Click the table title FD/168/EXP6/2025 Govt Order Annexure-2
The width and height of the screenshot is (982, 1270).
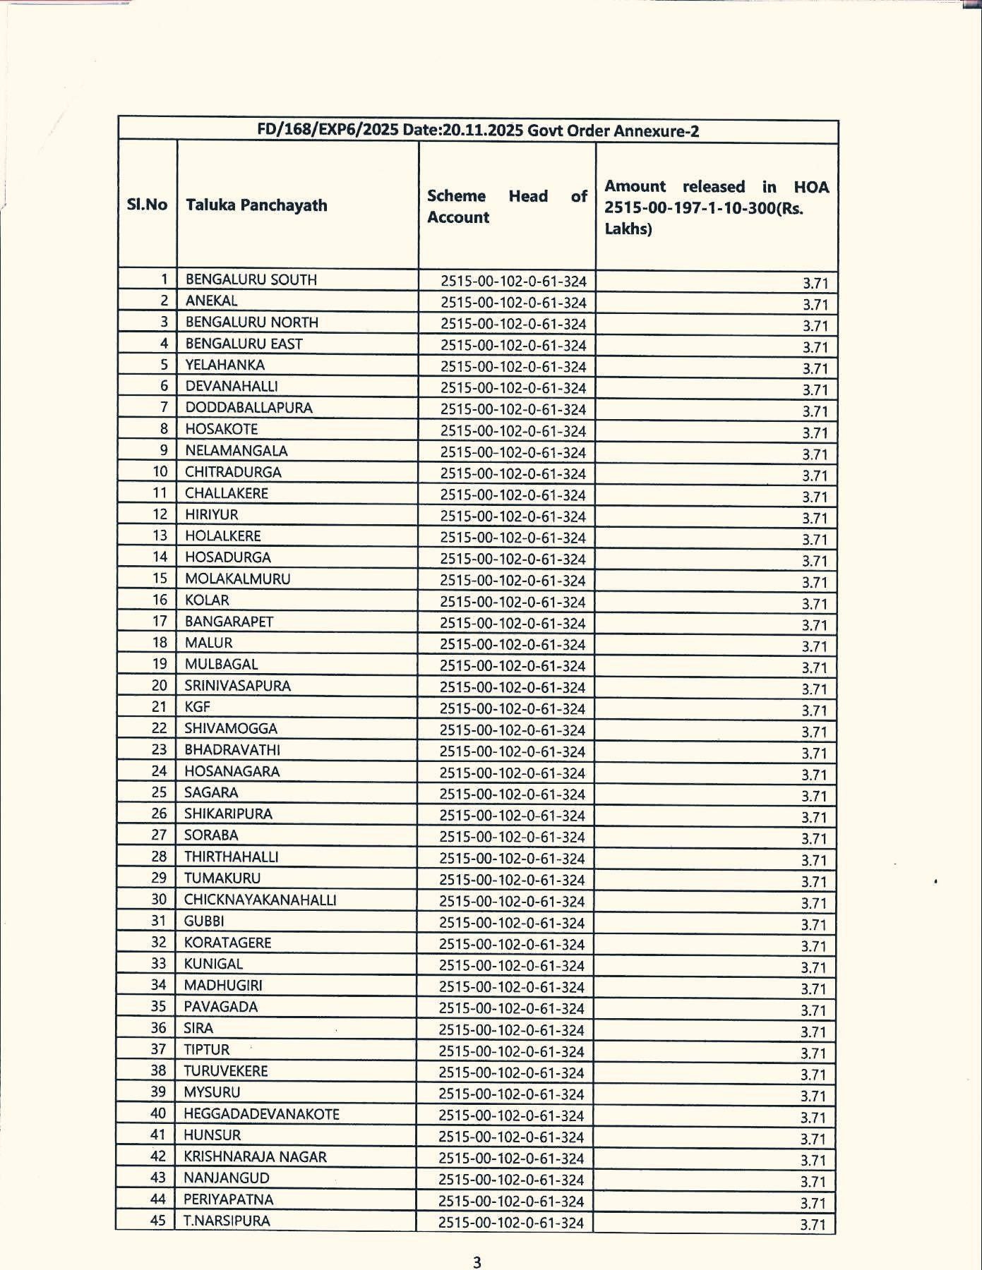[478, 131]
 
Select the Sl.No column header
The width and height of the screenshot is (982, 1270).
[147, 205]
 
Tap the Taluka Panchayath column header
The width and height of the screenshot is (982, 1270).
[256, 205]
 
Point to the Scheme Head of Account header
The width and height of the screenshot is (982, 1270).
[506, 206]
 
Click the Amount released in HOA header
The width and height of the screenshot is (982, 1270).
[716, 207]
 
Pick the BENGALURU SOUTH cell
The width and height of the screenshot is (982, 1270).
[251, 279]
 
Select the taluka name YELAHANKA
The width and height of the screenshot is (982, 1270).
[225, 365]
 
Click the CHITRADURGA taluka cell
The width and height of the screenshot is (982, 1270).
[233, 472]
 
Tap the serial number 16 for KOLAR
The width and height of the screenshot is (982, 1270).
[160, 600]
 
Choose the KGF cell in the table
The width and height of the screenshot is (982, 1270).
[197, 706]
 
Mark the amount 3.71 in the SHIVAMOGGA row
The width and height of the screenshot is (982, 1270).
[814, 732]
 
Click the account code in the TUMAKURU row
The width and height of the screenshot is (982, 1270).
[512, 880]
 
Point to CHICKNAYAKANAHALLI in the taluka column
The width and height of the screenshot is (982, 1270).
[260, 900]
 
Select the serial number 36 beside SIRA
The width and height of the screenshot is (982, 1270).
[159, 1028]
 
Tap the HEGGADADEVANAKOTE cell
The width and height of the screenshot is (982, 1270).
[261, 1114]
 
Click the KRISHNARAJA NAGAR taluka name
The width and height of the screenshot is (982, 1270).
[255, 1156]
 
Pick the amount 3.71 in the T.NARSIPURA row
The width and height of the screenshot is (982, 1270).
[813, 1224]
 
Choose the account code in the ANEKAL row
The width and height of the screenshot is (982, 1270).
[513, 303]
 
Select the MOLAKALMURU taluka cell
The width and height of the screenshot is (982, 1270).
[237, 579]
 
